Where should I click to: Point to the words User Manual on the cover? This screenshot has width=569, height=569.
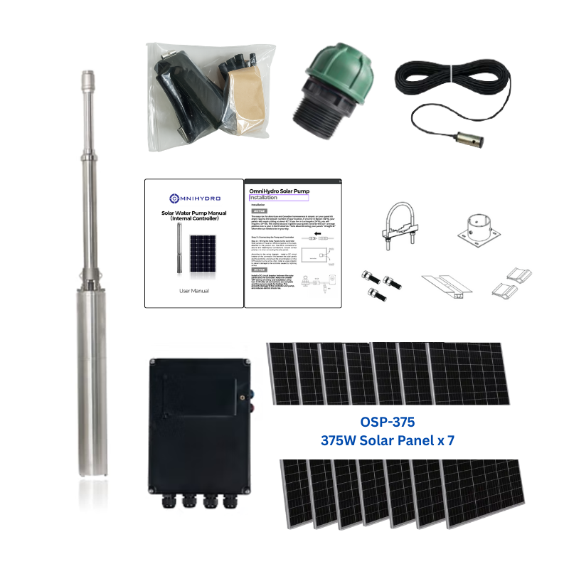[193, 291]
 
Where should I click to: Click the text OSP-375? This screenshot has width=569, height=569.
[388, 422]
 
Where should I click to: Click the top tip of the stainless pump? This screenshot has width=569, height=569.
[87, 73]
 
